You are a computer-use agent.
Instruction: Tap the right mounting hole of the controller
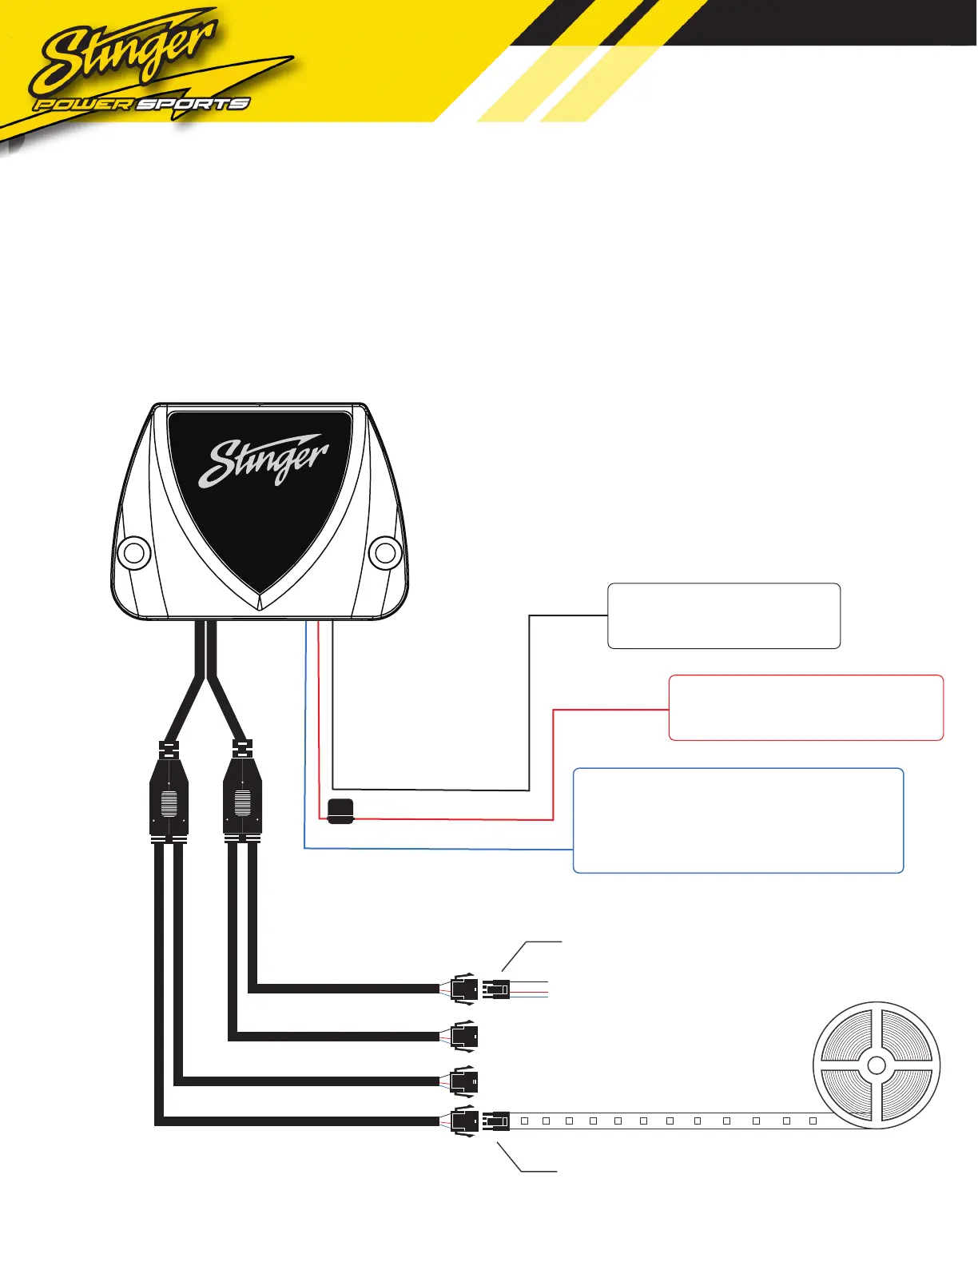385,552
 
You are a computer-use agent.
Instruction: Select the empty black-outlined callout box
724,615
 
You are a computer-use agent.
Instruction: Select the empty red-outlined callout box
805,707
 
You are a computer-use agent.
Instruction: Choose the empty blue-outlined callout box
738,820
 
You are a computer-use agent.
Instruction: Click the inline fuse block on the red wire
341,810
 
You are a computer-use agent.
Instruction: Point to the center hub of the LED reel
877,1065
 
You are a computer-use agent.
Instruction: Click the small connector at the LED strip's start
496,1121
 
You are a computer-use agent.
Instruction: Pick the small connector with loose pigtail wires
496,989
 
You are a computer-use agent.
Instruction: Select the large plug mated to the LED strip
464,1121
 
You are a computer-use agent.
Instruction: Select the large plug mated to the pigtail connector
464,989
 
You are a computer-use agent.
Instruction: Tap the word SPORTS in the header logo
193,104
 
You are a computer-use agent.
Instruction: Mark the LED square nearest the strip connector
524,1121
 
